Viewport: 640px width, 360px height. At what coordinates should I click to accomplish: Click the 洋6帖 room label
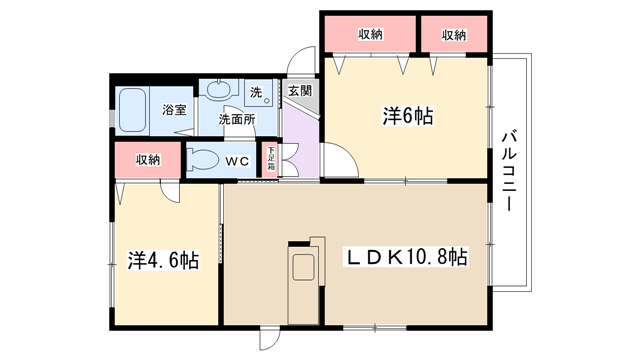click(x=408, y=116)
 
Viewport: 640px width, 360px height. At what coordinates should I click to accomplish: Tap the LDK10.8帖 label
click(x=407, y=257)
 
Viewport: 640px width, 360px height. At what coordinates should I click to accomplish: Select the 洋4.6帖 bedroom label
click(x=164, y=260)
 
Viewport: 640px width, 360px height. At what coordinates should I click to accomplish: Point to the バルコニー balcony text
click(x=509, y=170)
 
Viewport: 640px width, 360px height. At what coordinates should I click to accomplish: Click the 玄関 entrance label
click(x=300, y=91)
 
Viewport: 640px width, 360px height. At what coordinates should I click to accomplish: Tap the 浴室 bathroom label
click(x=174, y=109)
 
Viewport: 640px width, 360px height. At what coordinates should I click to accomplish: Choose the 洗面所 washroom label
click(x=237, y=119)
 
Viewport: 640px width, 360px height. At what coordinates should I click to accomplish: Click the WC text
click(x=237, y=162)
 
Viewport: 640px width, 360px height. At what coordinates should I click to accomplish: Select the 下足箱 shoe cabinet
click(x=269, y=159)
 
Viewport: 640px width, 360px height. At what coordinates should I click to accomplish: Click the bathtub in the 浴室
click(x=133, y=110)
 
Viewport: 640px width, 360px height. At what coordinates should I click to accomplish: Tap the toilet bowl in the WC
click(x=202, y=160)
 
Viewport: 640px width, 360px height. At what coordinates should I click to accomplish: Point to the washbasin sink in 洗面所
click(x=219, y=90)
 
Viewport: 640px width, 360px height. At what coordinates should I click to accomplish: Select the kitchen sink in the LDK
click(x=303, y=267)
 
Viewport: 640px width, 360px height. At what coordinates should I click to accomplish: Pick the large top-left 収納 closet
click(x=371, y=35)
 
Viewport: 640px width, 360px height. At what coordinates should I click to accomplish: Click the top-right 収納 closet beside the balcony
click(x=454, y=35)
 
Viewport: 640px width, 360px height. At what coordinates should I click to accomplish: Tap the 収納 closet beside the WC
click(x=148, y=160)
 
